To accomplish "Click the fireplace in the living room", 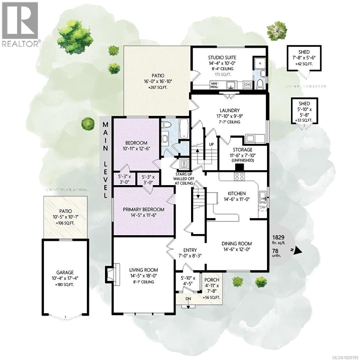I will [x=109, y=273].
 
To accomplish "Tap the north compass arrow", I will [x=297, y=250].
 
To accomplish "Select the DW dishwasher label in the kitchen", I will [x=262, y=207].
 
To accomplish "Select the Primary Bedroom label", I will [x=144, y=209].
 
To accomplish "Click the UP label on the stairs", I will [x=211, y=144].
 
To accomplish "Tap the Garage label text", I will [x=66, y=272].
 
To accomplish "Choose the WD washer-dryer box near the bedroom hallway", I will [x=183, y=164].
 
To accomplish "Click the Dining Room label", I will [x=237, y=244].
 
